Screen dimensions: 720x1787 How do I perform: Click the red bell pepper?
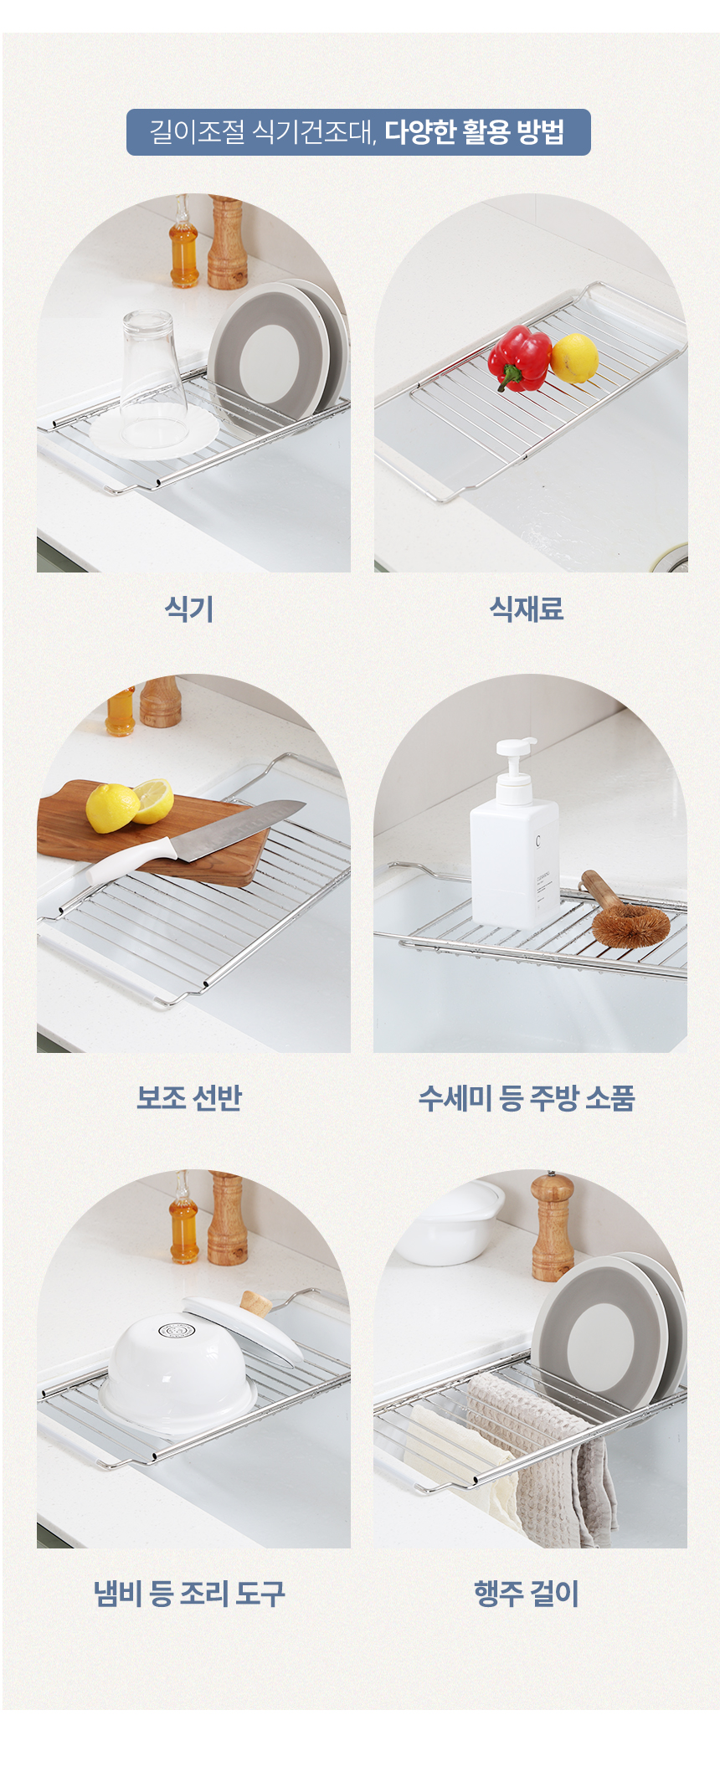coord(519,358)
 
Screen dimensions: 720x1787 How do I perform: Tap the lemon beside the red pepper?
coord(574,358)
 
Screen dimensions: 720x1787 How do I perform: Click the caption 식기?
coord(189,609)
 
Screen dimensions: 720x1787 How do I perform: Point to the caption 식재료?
coord(527,609)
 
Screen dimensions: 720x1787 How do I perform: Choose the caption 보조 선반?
coord(189,1096)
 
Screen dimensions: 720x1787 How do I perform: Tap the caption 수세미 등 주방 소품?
coord(527,1096)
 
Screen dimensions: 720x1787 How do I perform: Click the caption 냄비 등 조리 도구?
coord(189,1593)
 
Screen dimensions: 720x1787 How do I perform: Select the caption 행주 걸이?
coord(527,1593)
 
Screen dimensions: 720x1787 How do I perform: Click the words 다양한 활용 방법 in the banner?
coord(475,132)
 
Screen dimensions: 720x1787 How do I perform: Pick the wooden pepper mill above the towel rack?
coord(553,1226)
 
